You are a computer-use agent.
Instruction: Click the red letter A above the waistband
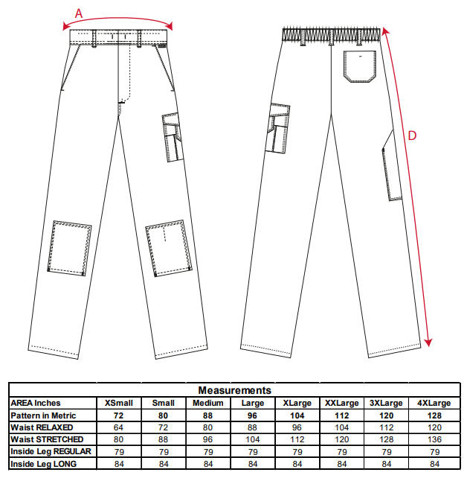coord(79,13)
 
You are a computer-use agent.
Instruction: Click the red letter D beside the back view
coord(412,136)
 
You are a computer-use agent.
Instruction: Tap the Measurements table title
coord(235,390)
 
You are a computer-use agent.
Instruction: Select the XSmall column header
coord(119,403)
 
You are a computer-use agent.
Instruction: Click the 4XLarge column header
coord(434,403)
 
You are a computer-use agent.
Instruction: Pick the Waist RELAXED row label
coord(42,427)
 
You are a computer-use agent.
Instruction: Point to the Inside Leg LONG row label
coord(43,464)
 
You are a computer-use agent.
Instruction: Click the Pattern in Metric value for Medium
coord(207,415)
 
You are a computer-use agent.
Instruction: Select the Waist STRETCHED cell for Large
coord(253,439)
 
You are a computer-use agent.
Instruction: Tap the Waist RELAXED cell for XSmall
coord(118,427)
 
